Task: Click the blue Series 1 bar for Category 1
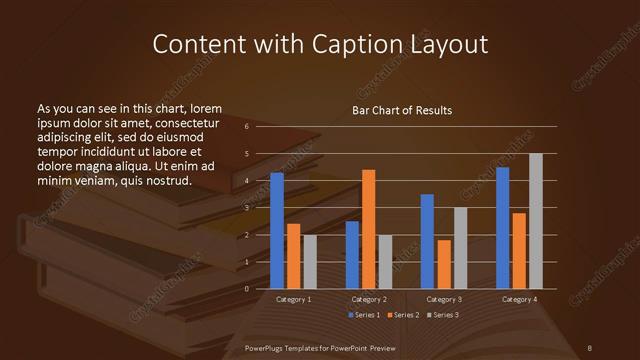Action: pyautogui.click(x=277, y=231)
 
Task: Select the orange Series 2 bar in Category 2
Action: pyautogui.click(x=369, y=229)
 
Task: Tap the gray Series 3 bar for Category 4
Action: pyautogui.click(x=535, y=221)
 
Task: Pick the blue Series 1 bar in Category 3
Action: pyautogui.click(x=427, y=241)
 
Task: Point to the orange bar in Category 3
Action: pyautogui.click(x=444, y=264)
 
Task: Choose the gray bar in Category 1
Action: pyautogui.click(x=310, y=262)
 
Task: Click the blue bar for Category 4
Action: pyautogui.click(x=502, y=228)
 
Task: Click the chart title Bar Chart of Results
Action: pyautogui.click(x=402, y=111)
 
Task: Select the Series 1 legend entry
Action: pyautogui.click(x=364, y=315)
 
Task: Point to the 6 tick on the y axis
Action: pyautogui.click(x=247, y=127)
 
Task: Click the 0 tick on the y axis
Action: pyautogui.click(x=247, y=289)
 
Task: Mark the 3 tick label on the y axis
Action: pyautogui.click(x=247, y=208)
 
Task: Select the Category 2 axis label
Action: pyautogui.click(x=369, y=299)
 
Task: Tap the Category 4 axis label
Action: pyautogui.click(x=519, y=299)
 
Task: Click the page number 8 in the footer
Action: pyautogui.click(x=589, y=346)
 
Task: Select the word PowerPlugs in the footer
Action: pyautogui.click(x=268, y=346)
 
